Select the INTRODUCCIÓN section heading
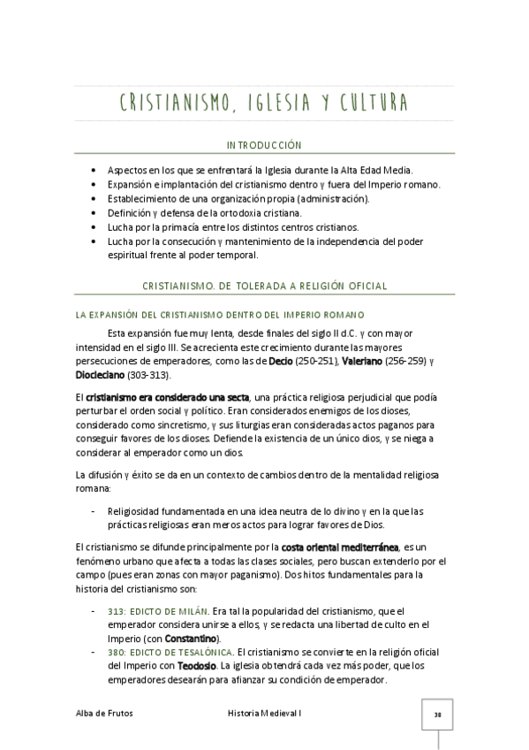tap(264, 144)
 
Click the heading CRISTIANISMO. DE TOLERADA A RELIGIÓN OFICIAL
tap(264, 286)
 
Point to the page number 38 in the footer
tap(437, 714)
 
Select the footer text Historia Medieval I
tap(264, 713)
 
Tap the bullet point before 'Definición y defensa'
tap(94, 212)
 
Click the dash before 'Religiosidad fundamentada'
tap(94, 510)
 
